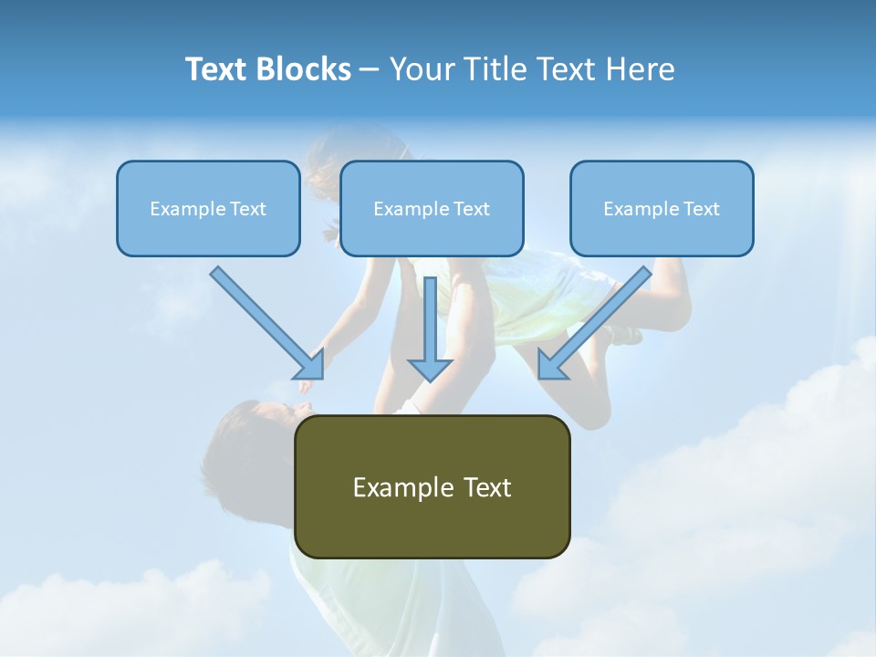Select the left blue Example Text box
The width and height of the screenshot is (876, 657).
coord(208,208)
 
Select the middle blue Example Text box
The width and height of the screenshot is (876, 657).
coord(432,208)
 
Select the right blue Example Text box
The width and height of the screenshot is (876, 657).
coord(662,208)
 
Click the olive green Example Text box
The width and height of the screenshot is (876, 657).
coord(432,486)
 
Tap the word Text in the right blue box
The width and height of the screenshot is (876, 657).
coord(701,209)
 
